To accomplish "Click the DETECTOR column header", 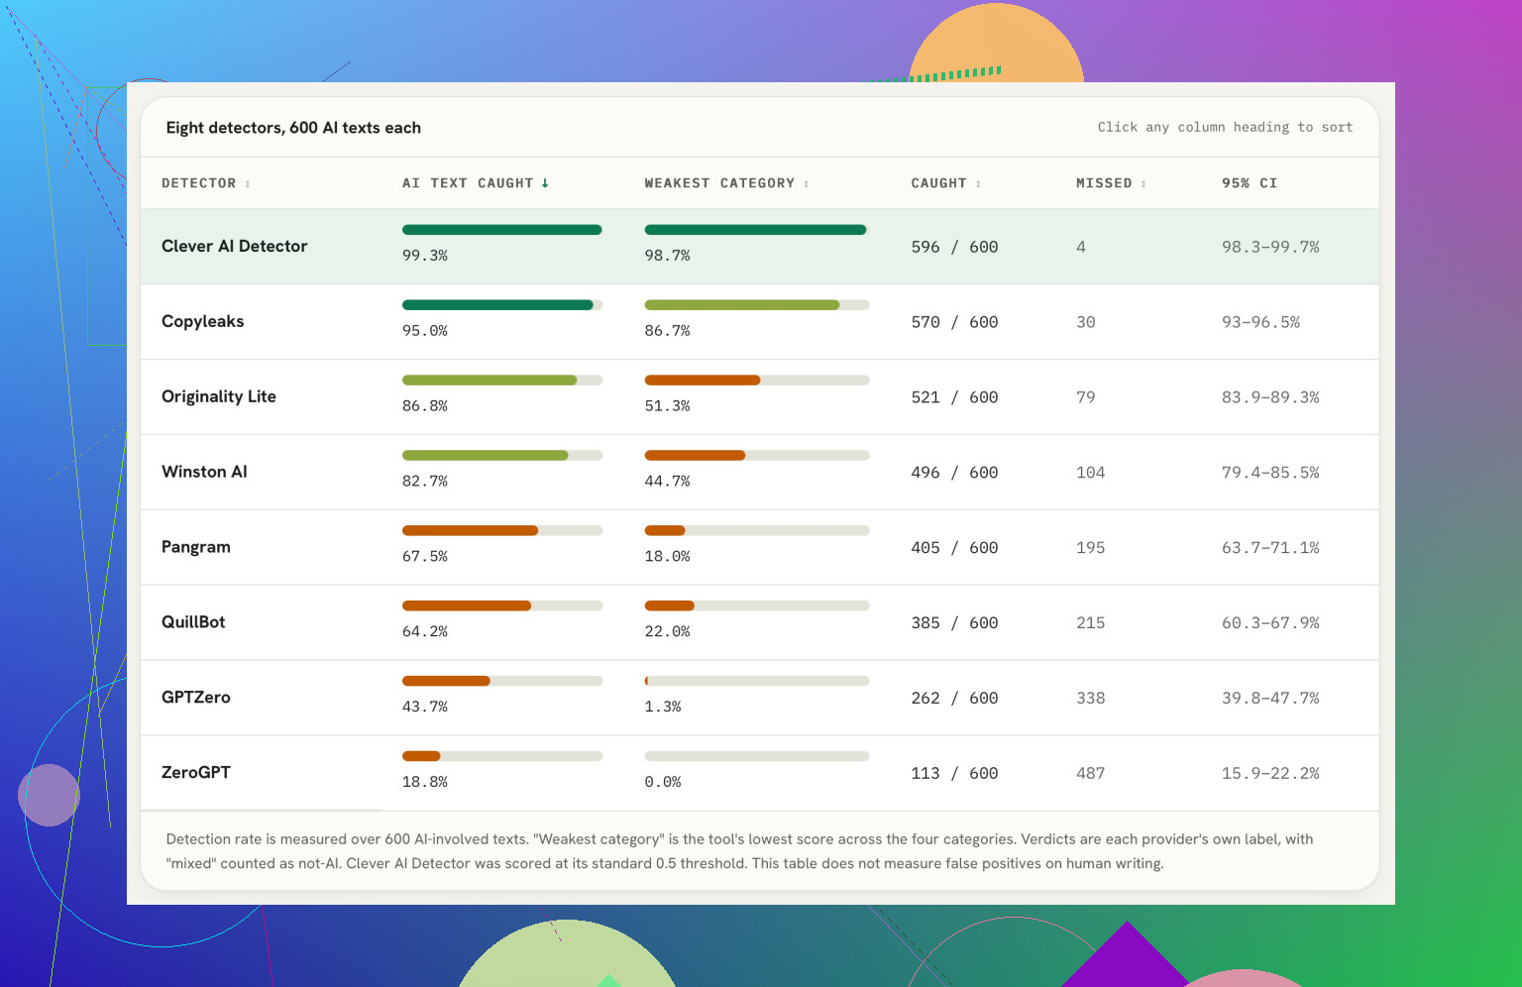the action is click(198, 183).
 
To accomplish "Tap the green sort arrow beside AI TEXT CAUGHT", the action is click(545, 183).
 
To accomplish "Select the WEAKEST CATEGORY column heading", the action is click(718, 183).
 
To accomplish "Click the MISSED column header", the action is click(1104, 183).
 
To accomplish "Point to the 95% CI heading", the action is click(1249, 183).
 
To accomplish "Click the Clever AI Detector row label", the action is click(235, 246).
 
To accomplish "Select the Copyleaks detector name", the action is click(202, 321).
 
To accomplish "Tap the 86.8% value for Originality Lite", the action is click(425, 406).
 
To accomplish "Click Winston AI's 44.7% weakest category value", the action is click(667, 482).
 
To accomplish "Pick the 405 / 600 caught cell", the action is click(954, 548).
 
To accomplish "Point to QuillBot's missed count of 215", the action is click(1090, 622).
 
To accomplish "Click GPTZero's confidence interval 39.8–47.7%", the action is click(1270, 698).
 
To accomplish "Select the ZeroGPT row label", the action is click(195, 772).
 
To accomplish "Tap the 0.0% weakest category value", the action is click(663, 782).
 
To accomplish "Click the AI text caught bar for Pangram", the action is click(502, 530).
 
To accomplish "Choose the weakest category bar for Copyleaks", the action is click(756, 304).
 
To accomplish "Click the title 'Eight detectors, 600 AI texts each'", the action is click(293, 128).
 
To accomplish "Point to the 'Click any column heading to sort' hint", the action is click(1225, 127).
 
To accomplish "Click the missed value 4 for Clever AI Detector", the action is click(1080, 247).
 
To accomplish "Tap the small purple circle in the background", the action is click(49, 795).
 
